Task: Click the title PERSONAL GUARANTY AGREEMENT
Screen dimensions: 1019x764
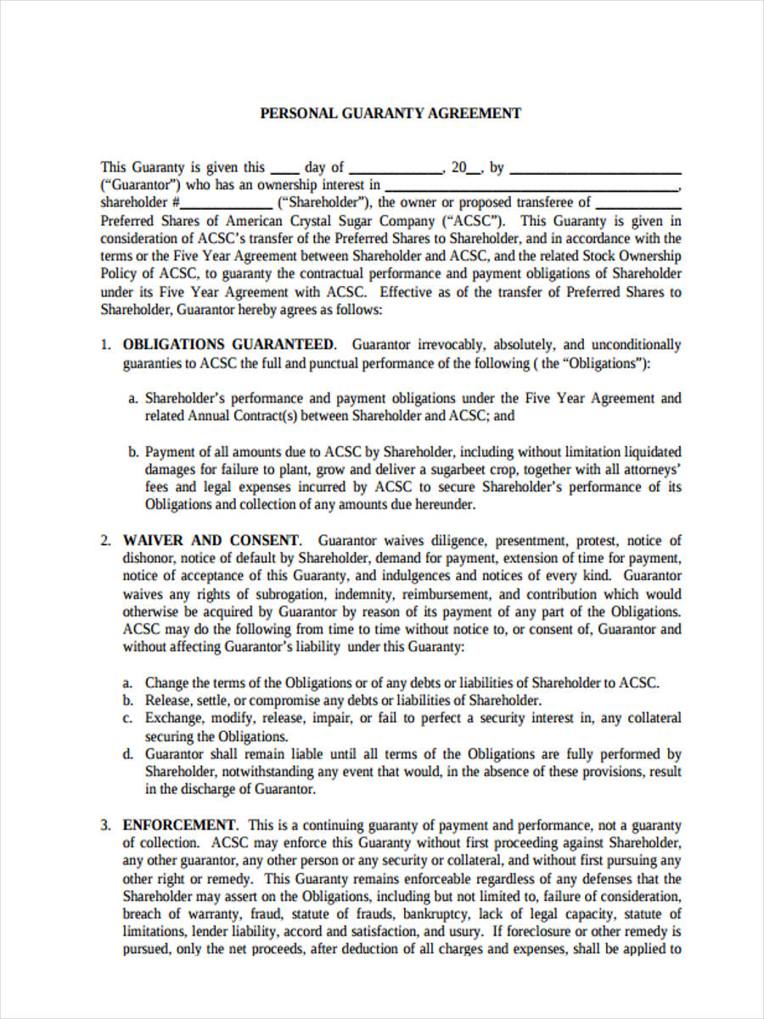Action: pos(390,113)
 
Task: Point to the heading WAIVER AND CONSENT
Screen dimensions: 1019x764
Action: pos(211,541)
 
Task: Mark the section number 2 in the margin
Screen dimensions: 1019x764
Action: pos(105,541)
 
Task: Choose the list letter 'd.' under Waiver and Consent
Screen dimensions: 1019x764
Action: pos(128,754)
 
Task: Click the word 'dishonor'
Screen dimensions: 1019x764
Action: pos(149,559)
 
